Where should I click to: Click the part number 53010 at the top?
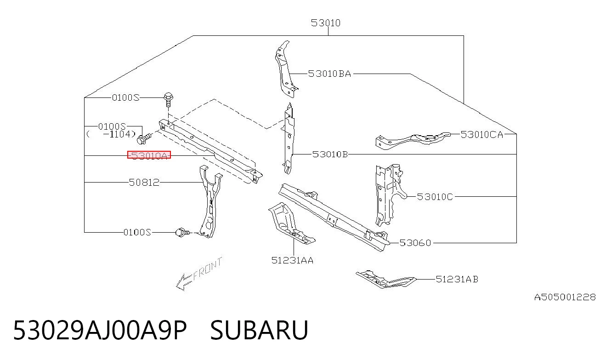tap(325, 23)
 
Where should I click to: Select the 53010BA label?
tap(329, 74)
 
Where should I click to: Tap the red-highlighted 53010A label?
tap(149, 155)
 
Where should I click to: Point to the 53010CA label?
tap(482, 135)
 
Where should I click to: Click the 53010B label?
tap(330, 154)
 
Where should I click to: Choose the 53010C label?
tap(435, 197)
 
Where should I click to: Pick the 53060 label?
tap(415, 243)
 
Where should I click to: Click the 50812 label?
tap(144, 183)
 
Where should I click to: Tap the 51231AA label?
tap(292, 260)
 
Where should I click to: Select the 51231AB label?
tap(457, 280)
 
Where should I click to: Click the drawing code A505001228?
tap(565, 297)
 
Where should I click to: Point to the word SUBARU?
tap(259, 330)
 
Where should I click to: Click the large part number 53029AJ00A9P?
tap(100, 330)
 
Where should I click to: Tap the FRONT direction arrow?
tap(198, 274)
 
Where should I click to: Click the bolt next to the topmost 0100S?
tap(168, 100)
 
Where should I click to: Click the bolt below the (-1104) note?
tap(144, 138)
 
